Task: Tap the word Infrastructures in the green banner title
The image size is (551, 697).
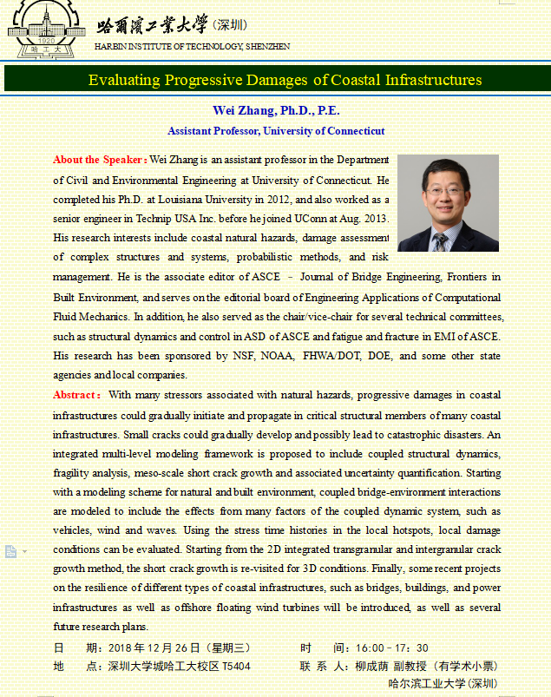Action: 431,80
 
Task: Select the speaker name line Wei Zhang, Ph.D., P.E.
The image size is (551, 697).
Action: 276,111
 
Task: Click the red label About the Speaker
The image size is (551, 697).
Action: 99,160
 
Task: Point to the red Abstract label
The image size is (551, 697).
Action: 76,395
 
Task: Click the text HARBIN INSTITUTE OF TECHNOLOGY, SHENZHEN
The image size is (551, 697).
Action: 193,46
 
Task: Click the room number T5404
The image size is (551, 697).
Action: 237,666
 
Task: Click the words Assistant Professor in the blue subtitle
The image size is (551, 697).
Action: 209,131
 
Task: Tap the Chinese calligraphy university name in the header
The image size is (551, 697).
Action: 153,24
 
